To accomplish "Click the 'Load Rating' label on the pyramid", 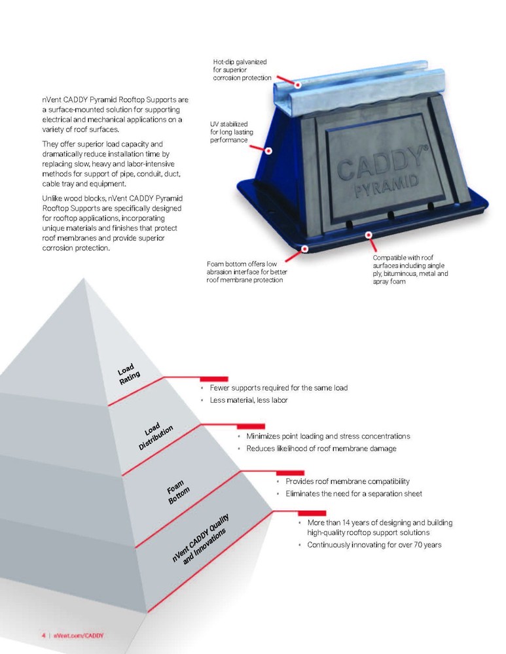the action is pos(129,374).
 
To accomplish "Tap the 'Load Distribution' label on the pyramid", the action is pos(155,436).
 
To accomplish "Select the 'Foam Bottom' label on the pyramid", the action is pos(178,492).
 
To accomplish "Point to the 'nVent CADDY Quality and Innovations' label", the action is pos(200,538).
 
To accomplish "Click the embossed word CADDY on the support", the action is pos(382,164).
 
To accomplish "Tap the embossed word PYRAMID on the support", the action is pos(387,186).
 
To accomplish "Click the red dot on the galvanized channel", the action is pos(298,84).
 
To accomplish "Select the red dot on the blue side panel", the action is pos(269,150).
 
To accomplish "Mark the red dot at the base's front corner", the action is pos(305,249).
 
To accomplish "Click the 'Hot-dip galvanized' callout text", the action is pos(242,70).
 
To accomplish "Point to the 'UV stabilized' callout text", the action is pos(232,132).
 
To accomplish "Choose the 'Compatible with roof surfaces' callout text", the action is pos(410,269).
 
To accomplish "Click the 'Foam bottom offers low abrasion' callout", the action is pos(247,272).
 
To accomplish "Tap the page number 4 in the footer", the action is pos(43,635).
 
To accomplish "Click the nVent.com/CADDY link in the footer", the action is pos(79,635).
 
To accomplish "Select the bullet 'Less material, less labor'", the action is pos(249,400).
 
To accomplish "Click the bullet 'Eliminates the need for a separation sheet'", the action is pos(353,493).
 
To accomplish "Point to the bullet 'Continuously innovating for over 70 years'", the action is pos(374,545).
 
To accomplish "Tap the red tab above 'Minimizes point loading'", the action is pos(251,426).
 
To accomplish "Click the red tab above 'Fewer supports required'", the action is pos(214,379).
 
